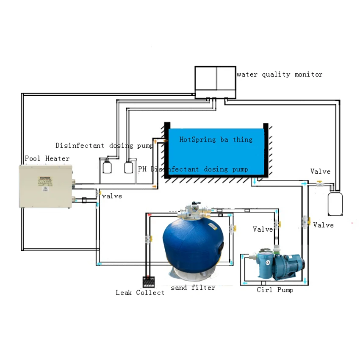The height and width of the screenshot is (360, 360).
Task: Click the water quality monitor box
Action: pyautogui.click(x=215, y=81)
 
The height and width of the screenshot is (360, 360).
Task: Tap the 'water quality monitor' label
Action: pyautogui.click(x=280, y=75)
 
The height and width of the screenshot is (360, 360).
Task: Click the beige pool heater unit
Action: pyautogui.click(x=46, y=186)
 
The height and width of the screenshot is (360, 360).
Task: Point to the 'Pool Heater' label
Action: pyautogui.click(x=47, y=159)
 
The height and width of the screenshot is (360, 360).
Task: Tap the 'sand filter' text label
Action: pyautogui.click(x=193, y=288)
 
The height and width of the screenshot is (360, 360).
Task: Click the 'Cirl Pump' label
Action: pyautogui.click(x=275, y=290)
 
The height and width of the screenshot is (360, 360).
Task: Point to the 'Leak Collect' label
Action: pyautogui.click(x=140, y=293)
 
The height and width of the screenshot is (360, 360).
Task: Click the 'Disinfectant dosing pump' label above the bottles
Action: pyautogui.click(x=104, y=146)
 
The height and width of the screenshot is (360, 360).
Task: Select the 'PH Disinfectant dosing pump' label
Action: pyautogui.click(x=193, y=169)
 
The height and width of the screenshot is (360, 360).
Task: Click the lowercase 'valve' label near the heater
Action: pyautogui.click(x=112, y=196)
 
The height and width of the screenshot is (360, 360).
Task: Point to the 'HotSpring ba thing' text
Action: pyautogui.click(x=216, y=139)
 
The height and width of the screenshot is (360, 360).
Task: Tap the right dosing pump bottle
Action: pyautogui.click(x=129, y=167)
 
